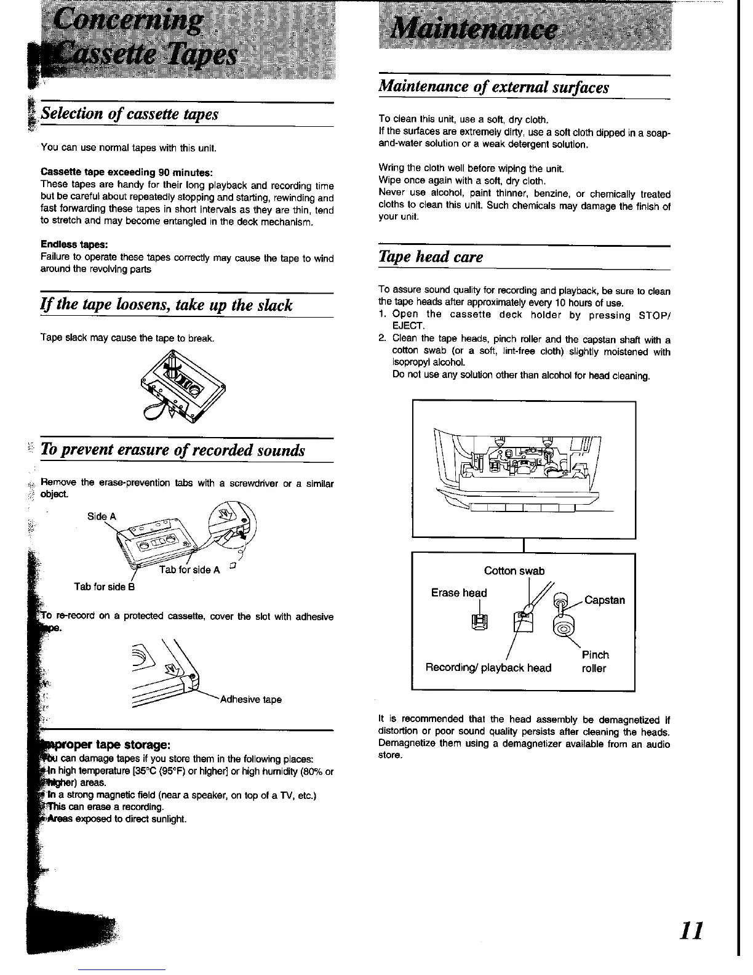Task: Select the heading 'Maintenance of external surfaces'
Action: click(493, 87)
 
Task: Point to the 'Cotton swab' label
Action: click(514, 571)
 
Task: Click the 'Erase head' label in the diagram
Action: click(458, 593)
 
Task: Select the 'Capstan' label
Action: click(604, 600)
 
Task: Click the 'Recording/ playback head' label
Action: click(488, 668)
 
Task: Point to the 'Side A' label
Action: click(102, 516)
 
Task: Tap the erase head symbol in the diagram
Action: click(478, 624)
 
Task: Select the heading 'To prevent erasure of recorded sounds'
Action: click(173, 450)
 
